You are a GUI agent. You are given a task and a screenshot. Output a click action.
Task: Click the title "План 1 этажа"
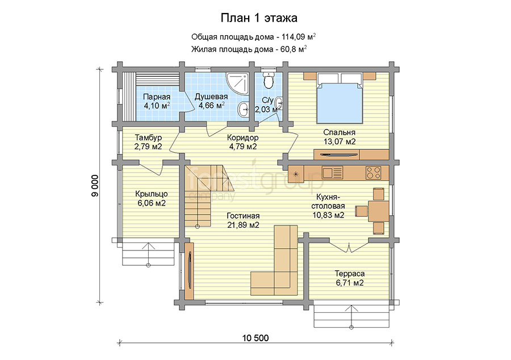[259, 18]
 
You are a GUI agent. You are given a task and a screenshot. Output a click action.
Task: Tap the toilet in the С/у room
[268, 79]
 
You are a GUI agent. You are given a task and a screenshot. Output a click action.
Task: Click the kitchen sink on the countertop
[332, 173]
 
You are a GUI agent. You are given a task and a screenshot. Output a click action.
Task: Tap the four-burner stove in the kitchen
[374, 173]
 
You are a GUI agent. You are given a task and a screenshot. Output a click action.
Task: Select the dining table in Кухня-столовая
[378, 211]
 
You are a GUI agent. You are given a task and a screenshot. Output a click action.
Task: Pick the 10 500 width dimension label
[256, 338]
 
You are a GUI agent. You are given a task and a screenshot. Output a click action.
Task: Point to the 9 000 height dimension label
[94, 186]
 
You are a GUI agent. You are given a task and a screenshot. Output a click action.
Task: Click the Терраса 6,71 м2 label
[349, 278]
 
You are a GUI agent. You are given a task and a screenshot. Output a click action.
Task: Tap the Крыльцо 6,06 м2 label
[151, 198]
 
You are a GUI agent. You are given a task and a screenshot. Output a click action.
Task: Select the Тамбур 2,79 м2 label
[148, 142]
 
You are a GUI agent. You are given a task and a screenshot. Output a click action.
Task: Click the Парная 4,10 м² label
[157, 101]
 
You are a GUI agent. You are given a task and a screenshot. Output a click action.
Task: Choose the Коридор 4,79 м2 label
[243, 142]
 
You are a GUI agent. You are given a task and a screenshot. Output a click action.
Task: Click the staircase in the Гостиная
[206, 196]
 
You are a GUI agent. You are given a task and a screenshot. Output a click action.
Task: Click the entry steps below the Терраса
[351, 316]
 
